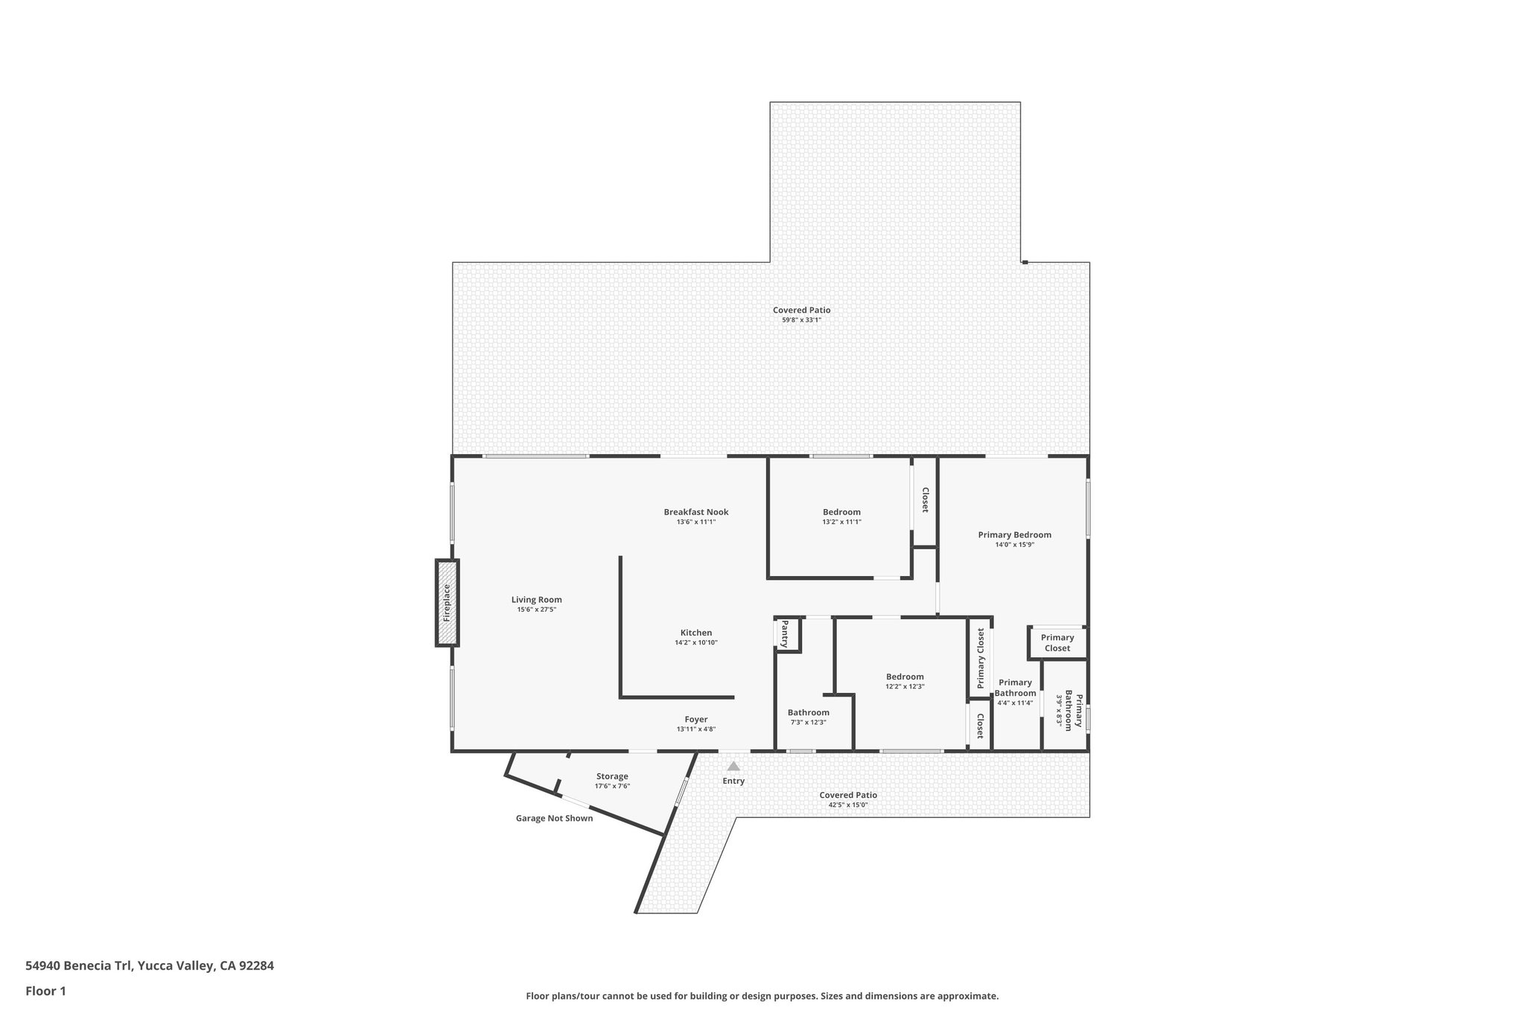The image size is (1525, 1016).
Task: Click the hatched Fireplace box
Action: coord(447,603)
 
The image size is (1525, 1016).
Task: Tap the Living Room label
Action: coord(536,600)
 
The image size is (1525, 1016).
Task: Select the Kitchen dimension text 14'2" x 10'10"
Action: coord(695,642)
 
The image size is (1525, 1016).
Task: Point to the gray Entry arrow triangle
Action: coord(733,766)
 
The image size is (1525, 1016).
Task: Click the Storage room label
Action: coord(612,776)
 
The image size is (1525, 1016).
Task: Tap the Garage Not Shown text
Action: coord(554,818)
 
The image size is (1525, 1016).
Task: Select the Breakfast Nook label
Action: coord(695,512)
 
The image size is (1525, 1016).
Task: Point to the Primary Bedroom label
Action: coord(1014,534)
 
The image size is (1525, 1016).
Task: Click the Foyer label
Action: coord(695,720)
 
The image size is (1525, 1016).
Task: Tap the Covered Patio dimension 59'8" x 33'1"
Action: coord(801,320)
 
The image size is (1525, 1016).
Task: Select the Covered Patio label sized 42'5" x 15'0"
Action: coord(847,795)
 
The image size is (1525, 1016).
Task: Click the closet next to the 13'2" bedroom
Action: coord(924,500)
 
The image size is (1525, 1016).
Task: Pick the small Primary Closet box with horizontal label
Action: coord(1057,642)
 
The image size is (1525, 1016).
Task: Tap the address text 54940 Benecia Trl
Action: coord(149,966)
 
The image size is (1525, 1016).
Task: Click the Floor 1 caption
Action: coord(45,991)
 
